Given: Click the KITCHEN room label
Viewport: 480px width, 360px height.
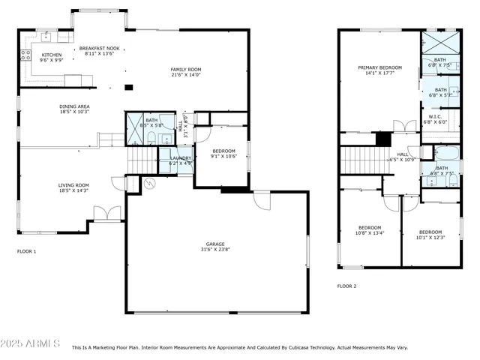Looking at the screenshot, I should point(51,55).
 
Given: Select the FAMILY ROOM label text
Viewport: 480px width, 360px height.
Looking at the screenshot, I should point(185,69).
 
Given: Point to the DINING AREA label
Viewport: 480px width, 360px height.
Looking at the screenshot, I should point(74,106).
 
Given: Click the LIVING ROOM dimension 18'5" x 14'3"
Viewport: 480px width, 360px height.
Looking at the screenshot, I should point(73,190).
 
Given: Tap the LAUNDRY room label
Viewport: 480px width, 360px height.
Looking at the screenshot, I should point(181,157).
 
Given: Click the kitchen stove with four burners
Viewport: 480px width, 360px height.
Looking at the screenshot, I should point(24,55).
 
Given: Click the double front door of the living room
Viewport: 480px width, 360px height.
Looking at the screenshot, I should point(107,214).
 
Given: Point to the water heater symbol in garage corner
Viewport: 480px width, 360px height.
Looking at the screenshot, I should point(148,183).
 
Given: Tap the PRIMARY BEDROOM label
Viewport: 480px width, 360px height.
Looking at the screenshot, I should point(379,67).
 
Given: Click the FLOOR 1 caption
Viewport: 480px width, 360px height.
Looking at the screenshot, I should point(26,251).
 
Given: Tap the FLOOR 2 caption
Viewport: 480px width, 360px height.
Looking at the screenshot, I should point(346,286).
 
